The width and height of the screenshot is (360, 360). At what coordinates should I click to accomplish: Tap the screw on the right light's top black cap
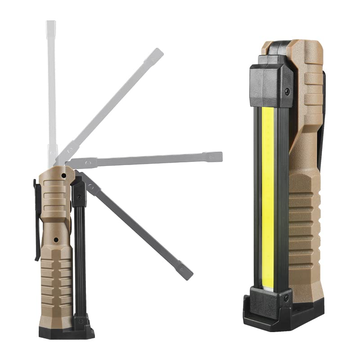pos(287,92)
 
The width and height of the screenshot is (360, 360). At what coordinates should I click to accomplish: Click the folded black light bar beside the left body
pos(80,252)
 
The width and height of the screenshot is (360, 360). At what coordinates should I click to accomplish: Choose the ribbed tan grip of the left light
pos(56,279)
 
